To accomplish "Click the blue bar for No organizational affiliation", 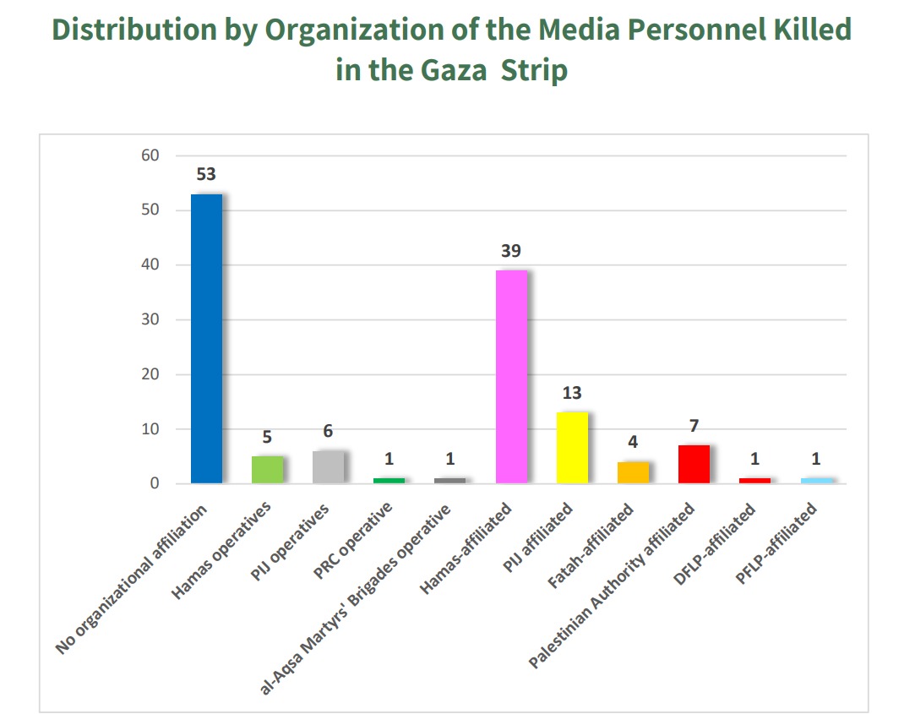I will [x=206, y=338].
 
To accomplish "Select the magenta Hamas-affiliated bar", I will [x=511, y=377].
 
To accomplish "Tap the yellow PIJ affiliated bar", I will [x=572, y=448].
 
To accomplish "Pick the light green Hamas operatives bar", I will [x=267, y=470].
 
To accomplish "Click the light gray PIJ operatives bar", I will [x=328, y=467].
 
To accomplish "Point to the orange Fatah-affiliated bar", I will [x=633, y=472].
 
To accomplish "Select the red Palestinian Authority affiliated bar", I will [x=694, y=464].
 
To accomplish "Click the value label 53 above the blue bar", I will [x=206, y=175].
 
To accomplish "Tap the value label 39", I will [x=511, y=251].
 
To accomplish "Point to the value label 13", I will [x=572, y=393].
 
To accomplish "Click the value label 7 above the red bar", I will [x=694, y=426].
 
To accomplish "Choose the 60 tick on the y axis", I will [x=150, y=155].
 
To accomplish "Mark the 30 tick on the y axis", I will [x=150, y=319].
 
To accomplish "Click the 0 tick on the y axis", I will [x=155, y=483].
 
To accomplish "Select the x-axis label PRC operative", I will [x=354, y=541].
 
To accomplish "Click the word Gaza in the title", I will [x=454, y=69].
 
